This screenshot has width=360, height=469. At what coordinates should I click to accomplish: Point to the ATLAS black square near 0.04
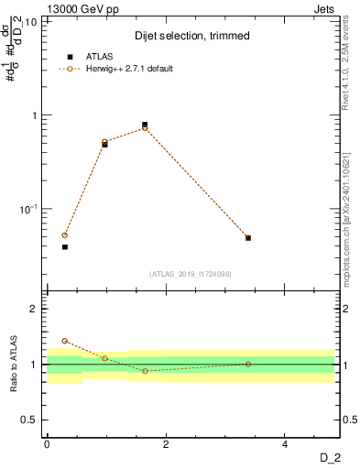point(65,246)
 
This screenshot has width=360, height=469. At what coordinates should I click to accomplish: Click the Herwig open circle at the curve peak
point(145,128)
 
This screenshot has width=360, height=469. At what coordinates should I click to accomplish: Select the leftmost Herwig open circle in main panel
point(65,235)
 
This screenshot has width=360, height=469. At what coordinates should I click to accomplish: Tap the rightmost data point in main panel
point(248,238)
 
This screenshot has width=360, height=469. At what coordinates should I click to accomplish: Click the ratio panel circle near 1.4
point(65,341)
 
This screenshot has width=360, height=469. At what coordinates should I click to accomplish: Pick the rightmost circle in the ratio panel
point(248,364)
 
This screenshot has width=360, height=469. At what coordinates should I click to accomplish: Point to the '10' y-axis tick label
point(30,22)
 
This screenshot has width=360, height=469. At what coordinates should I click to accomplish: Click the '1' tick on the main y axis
point(34,115)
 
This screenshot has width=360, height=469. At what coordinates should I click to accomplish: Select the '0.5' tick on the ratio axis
point(29,420)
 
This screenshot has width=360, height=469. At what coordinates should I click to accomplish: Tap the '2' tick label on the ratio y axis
point(35,309)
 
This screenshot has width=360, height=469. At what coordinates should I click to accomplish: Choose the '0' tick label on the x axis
point(47,444)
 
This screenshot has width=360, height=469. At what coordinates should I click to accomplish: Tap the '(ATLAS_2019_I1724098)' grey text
point(190,273)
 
